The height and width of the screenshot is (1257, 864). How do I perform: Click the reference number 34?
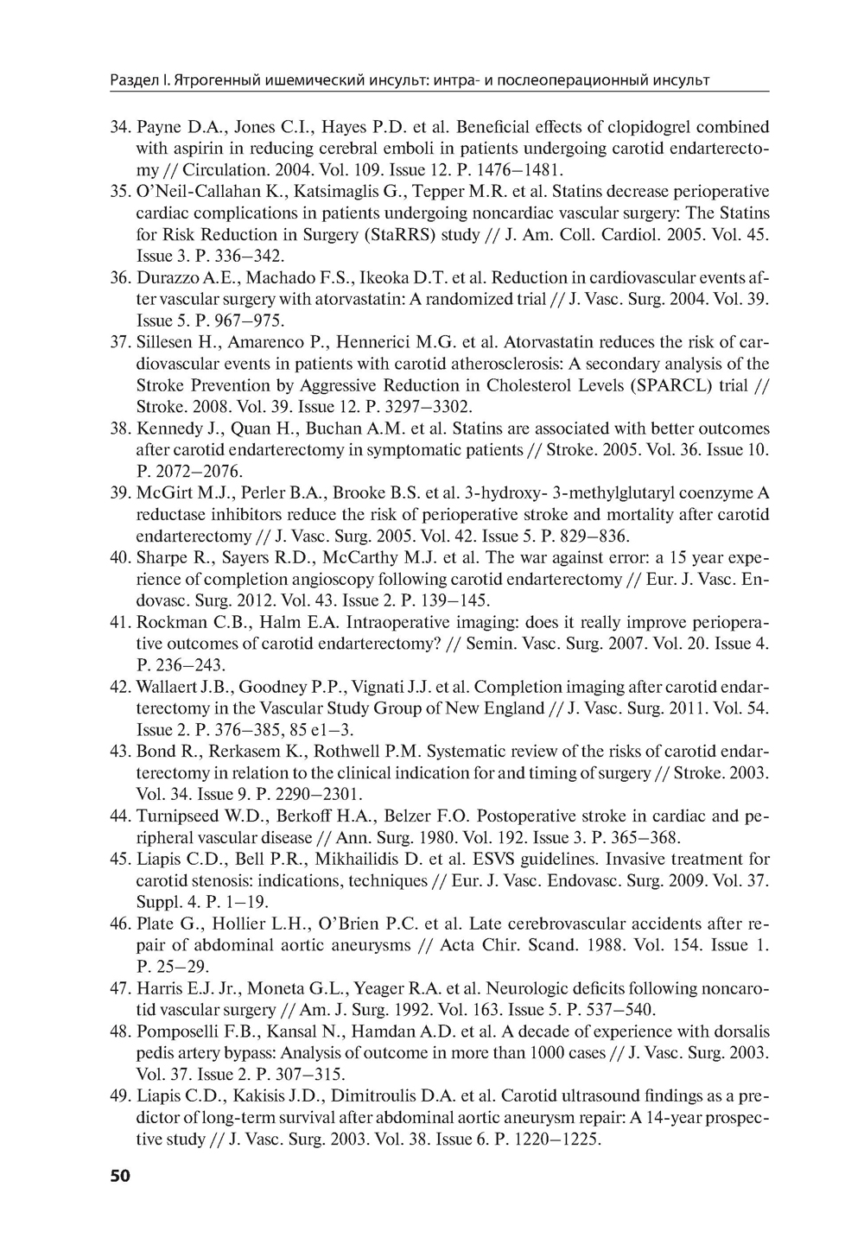pyautogui.click(x=120, y=127)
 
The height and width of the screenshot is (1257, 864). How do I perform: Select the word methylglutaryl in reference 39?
pyautogui.click(x=609, y=493)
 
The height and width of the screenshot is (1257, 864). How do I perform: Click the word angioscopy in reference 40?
pyautogui.click(x=357, y=579)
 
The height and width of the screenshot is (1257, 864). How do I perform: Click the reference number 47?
pyautogui.click(x=120, y=987)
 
